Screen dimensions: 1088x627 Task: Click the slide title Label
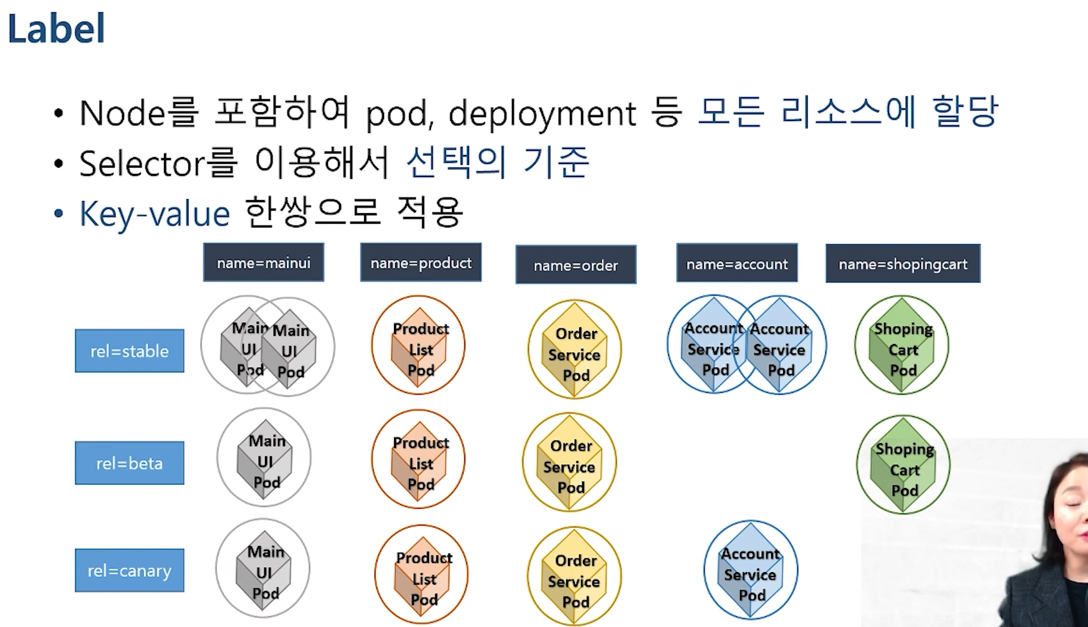[56, 29]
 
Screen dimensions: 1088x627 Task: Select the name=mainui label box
[263, 262]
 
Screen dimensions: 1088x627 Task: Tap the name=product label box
[421, 262]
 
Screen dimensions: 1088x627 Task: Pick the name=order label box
[575, 265]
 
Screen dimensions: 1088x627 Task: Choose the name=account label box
[737, 264]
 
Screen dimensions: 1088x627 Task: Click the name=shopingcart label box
[903, 264]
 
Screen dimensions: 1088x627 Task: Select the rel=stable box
[130, 351]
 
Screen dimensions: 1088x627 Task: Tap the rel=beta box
[130, 463]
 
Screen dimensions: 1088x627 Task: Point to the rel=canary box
[130, 570]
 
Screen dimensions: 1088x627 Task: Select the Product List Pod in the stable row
[419, 347]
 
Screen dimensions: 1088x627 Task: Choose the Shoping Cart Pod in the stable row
[902, 346]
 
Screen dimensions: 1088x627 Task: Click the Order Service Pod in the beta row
[569, 464]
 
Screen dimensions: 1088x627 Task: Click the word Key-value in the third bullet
[155, 214]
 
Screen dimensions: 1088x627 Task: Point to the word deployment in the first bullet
[542, 114]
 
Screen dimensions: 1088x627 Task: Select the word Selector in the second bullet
[142, 164]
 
